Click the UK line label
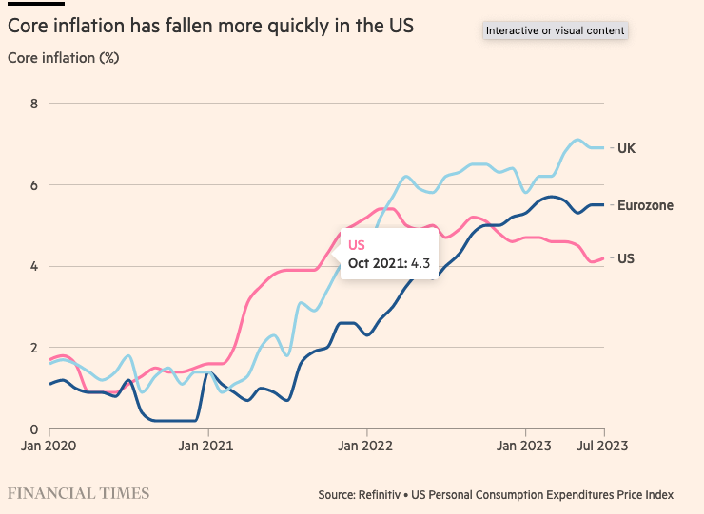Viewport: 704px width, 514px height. [x=626, y=148]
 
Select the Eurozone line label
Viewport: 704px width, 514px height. [x=646, y=205]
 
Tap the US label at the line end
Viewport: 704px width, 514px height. [x=626, y=258]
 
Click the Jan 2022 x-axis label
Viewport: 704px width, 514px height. [x=365, y=444]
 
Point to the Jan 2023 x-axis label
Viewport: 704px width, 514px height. [x=524, y=444]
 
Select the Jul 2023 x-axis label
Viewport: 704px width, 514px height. [x=602, y=444]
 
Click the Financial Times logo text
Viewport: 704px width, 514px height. [x=79, y=493]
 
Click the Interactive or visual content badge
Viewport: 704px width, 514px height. [x=555, y=31]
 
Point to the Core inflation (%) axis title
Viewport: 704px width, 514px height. [x=64, y=58]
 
